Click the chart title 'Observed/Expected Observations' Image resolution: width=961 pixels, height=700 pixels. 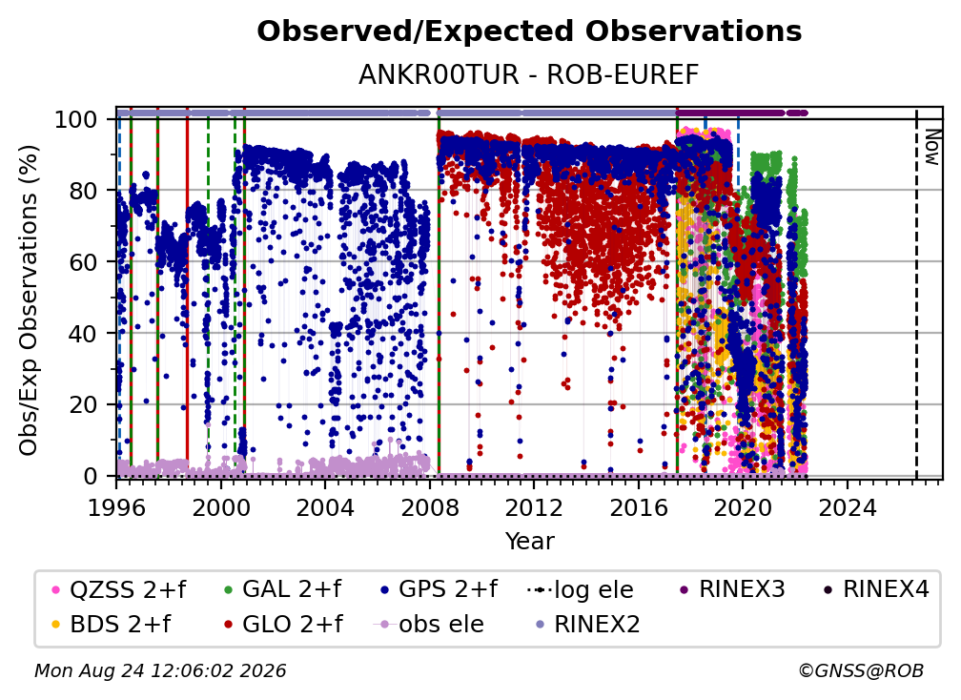click(529, 31)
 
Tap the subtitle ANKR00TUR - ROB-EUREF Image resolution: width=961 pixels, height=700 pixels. click(529, 75)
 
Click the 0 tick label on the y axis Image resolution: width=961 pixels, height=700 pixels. click(91, 476)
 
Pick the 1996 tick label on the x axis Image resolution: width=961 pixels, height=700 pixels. click(116, 508)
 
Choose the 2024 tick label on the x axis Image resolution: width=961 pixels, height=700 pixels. click(848, 508)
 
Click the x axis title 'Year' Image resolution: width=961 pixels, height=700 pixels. click(529, 542)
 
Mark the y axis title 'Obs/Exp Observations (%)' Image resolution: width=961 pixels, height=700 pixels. click(29, 299)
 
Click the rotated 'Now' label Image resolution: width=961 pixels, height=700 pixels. click(931, 148)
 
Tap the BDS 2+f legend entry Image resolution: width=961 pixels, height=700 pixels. click(112, 625)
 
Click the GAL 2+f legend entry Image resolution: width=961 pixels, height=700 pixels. click(282, 589)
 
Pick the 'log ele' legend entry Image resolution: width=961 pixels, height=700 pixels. click(580, 589)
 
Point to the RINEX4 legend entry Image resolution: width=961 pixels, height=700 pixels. click(876, 589)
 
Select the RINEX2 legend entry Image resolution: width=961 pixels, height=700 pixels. click(587, 625)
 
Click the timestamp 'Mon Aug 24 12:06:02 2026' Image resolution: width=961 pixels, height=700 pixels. click(160, 670)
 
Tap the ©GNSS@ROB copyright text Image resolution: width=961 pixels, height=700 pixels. click(861, 670)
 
